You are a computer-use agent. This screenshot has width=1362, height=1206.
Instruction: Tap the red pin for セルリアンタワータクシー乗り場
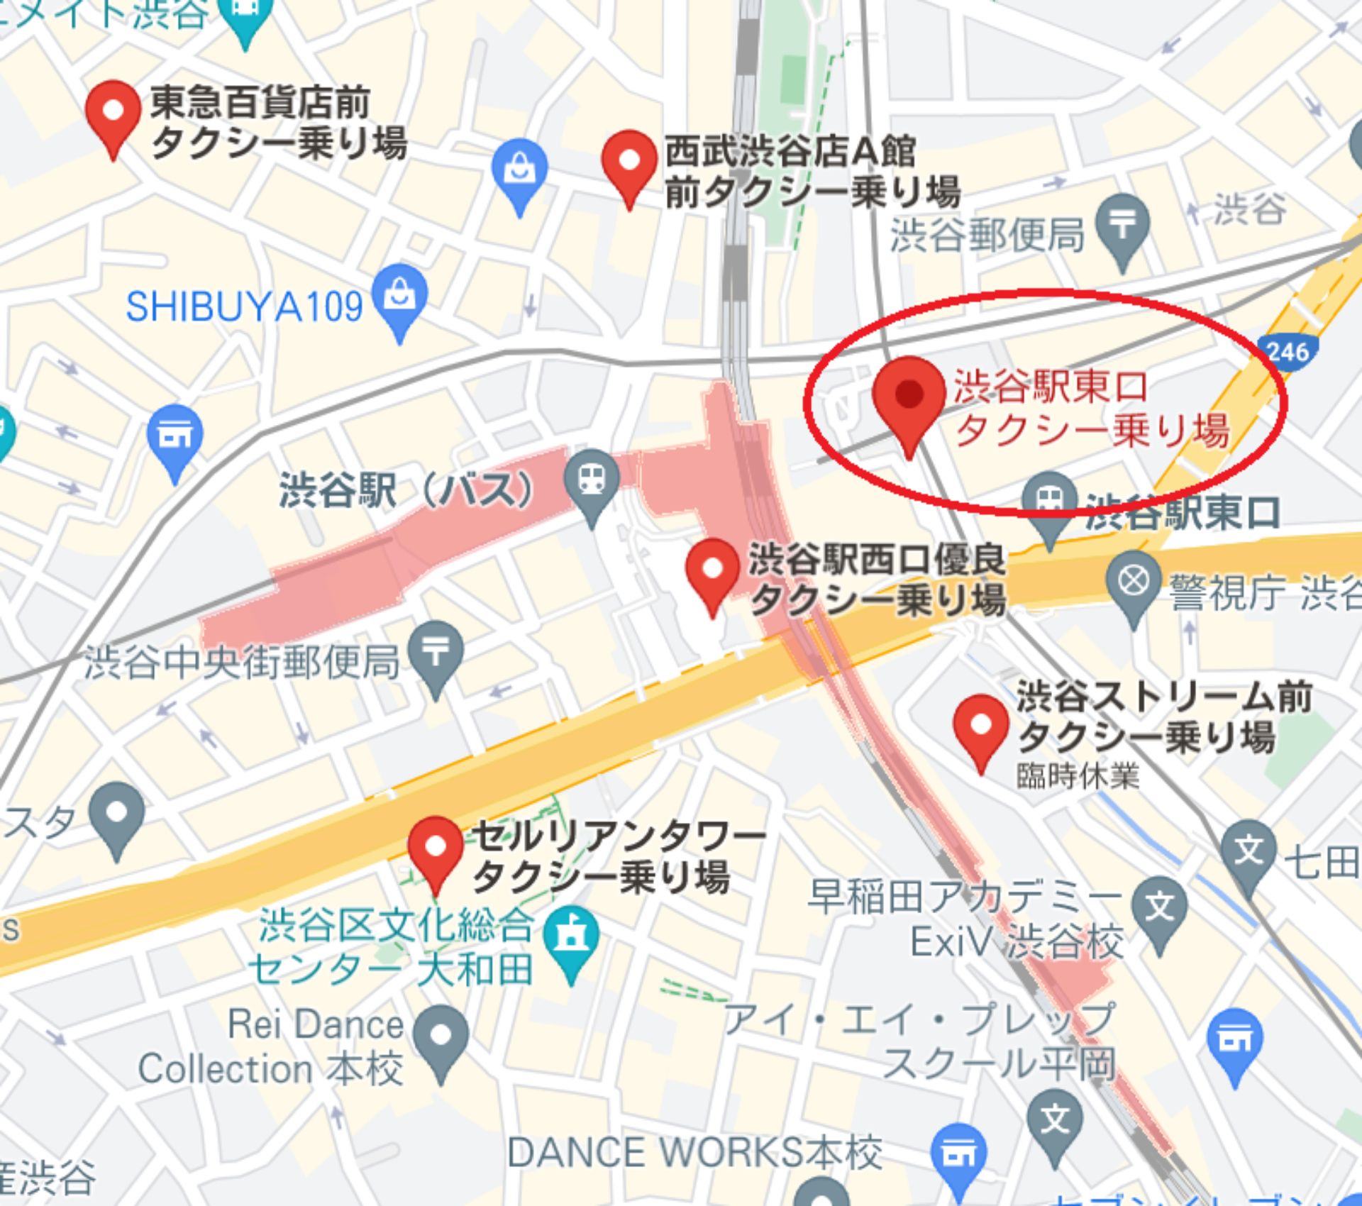coord(436,847)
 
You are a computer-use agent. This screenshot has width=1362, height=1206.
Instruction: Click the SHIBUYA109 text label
coord(244,307)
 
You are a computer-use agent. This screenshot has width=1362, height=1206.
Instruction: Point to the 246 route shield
coord(1288,351)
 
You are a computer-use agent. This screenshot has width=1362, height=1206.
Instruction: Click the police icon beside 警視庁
coord(1133,582)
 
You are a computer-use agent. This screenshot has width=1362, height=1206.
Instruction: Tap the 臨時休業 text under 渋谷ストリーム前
coord(1078,776)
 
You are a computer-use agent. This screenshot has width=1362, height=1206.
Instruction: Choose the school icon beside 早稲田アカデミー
coord(1160,909)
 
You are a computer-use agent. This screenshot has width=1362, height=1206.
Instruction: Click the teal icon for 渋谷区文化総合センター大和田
coord(571,937)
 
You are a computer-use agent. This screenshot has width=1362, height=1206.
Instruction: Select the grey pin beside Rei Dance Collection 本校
coord(441,1035)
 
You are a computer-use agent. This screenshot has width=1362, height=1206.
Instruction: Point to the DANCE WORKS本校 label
coord(694,1152)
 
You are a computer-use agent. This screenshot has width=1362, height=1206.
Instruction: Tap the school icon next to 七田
coord(1249,851)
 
